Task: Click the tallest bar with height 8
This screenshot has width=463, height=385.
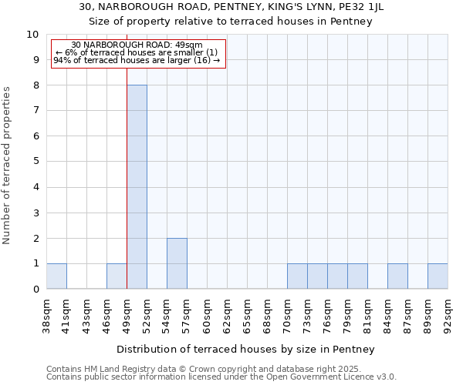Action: pyautogui.click(x=137, y=187)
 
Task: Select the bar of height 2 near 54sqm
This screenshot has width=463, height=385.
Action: pyautogui.click(x=177, y=263)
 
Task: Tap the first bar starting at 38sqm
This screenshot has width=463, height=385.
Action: pyautogui.click(x=56, y=276)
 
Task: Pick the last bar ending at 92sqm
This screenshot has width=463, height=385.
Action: pyautogui.click(x=438, y=276)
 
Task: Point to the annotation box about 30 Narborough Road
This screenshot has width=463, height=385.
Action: pyautogui.click(x=137, y=53)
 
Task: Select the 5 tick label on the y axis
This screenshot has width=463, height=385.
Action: pyautogui.click(x=35, y=162)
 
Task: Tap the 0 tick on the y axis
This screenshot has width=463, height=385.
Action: pyautogui.click(x=35, y=290)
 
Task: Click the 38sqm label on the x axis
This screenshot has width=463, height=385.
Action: pyautogui.click(x=46, y=314)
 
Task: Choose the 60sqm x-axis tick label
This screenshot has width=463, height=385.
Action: pyautogui.click(x=207, y=314)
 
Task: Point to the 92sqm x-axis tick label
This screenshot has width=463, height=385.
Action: pyautogui.click(x=448, y=314)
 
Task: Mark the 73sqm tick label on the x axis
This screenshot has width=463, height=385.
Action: pyautogui.click(x=307, y=314)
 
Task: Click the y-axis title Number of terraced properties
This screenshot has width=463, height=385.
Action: pyautogui.click(x=8, y=166)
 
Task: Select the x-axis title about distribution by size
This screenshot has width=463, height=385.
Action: pyautogui.click(x=247, y=349)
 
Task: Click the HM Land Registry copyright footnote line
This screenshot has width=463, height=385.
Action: pyautogui.click(x=220, y=369)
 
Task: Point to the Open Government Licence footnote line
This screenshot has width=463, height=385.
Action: pyautogui.click(x=221, y=377)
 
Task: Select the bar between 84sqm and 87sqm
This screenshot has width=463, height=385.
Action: pyautogui.click(x=397, y=276)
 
